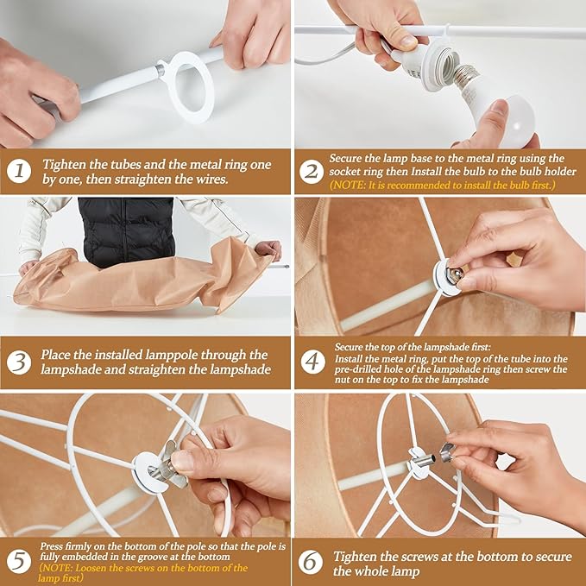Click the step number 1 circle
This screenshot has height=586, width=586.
pos(19,171)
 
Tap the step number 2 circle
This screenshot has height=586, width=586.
pos(312,172)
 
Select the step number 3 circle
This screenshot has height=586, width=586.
pos(19,362)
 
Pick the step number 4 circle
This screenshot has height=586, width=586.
pos(312,362)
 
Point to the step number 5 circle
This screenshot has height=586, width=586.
pos(19,562)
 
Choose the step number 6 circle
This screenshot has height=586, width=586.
pos(311,562)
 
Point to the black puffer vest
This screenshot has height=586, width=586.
pos(126,230)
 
